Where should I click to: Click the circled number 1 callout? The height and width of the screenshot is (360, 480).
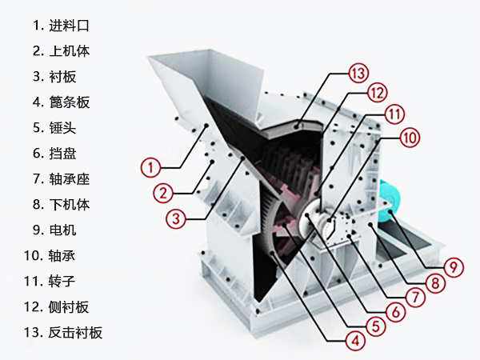click(151, 167)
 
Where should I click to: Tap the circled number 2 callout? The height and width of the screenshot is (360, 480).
click(162, 192)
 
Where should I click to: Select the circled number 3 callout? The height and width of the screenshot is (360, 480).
click(176, 217)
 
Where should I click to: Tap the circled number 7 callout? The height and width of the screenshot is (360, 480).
click(414, 296)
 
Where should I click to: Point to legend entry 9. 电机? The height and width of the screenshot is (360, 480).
click(55, 230)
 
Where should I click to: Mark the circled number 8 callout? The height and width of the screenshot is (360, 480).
click(435, 282)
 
